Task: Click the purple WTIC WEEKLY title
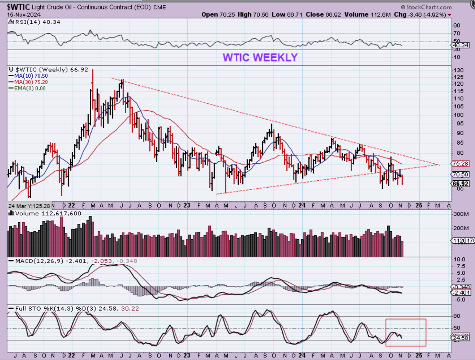pyautogui.click(x=260, y=57)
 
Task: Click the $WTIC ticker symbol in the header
pyautogui.click(x=18, y=7)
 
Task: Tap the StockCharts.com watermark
pyautogui.click(x=426, y=7)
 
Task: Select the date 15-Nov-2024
pyautogui.click(x=24, y=15)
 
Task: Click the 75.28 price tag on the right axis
pyautogui.click(x=460, y=164)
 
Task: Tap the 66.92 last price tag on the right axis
pyautogui.click(x=460, y=184)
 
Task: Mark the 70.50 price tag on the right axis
pyautogui.click(x=460, y=174)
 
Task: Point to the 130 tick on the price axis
pyautogui.click(x=458, y=70)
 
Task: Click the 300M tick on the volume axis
pyautogui.click(x=461, y=214)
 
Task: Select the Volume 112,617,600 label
pyautogui.click(x=47, y=214)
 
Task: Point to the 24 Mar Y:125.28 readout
pyautogui.click(x=29, y=206)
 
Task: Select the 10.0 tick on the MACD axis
pyautogui.click(x=459, y=259)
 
